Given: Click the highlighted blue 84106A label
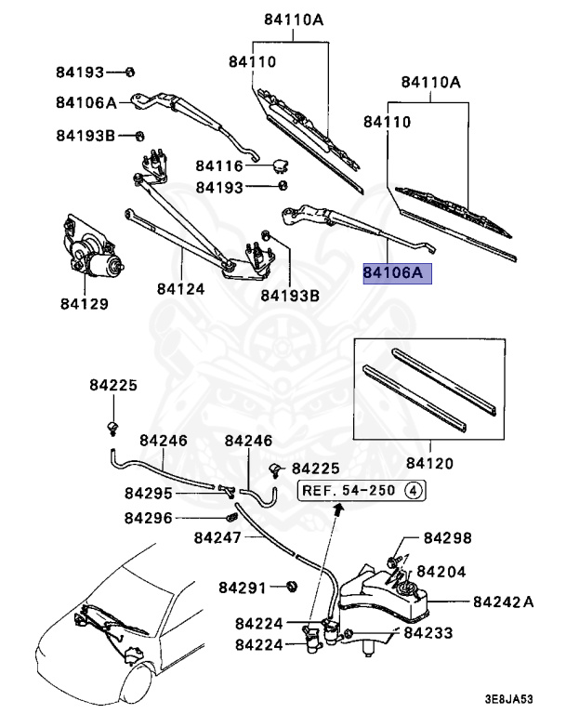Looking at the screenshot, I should [x=392, y=273].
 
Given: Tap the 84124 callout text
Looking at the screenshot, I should [x=179, y=289].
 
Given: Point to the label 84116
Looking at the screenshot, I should [x=218, y=166].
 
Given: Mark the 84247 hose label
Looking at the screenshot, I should [x=218, y=537].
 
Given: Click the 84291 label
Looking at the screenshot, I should [x=244, y=588].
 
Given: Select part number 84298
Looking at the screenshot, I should [x=448, y=538].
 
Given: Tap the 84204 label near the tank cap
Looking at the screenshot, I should [x=441, y=572].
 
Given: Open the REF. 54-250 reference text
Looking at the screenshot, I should [x=337, y=489].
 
